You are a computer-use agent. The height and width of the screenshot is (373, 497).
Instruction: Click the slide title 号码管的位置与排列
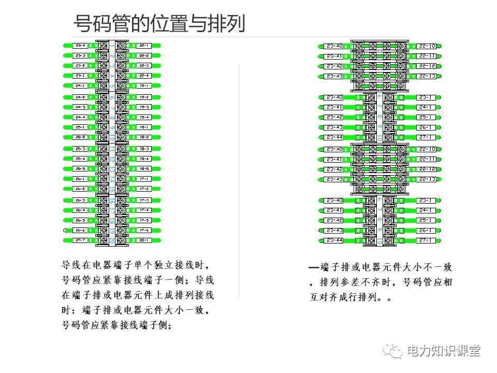point(159,23)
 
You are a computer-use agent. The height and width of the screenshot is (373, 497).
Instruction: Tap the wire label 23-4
point(80,46)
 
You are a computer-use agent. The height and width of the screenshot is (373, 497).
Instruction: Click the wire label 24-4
point(80,117)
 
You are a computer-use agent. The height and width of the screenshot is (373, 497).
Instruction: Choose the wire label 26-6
point(80,230)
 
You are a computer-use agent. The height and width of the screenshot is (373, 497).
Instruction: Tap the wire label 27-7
point(80,240)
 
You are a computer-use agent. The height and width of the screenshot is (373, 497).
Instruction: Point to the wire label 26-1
point(80,179)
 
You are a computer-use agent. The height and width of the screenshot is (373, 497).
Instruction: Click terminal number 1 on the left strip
point(112,46)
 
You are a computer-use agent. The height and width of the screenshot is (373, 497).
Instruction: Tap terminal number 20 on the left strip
point(112,240)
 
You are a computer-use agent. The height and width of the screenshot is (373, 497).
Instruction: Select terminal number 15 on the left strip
point(112,189)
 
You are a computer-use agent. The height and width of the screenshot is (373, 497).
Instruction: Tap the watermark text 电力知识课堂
point(444,351)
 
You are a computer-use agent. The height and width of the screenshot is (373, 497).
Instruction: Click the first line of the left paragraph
point(136,265)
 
